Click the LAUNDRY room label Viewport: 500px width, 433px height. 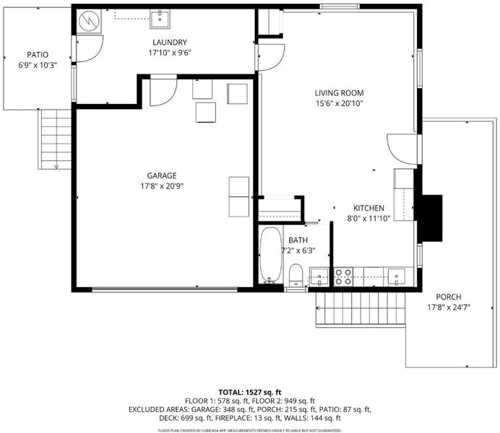coord(170,43)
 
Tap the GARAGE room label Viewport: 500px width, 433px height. coord(162,176)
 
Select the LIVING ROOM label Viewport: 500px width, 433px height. coord(340,93)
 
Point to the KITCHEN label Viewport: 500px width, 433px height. coord(368,209)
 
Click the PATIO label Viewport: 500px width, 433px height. coord(38,55)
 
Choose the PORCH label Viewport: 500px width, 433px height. coord(449,297)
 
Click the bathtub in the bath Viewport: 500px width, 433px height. coord(271,255)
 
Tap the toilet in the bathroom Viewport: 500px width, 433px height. coord(296,276)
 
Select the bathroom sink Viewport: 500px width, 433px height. coord(319,277)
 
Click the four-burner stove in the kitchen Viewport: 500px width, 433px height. coord(343,277)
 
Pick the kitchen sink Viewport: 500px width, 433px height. coord(397,276)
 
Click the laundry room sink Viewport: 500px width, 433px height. coord(160,19)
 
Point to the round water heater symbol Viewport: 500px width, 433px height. coord(90,21)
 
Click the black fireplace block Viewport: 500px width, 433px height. coord(432,218)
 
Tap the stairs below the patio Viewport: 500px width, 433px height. coord(54,139)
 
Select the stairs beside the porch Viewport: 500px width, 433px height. coord(361,308)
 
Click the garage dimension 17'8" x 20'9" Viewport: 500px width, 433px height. coord(162,186)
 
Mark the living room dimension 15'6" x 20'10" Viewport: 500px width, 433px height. coord(340,103)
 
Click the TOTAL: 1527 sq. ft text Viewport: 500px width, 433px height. coord(250,393)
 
